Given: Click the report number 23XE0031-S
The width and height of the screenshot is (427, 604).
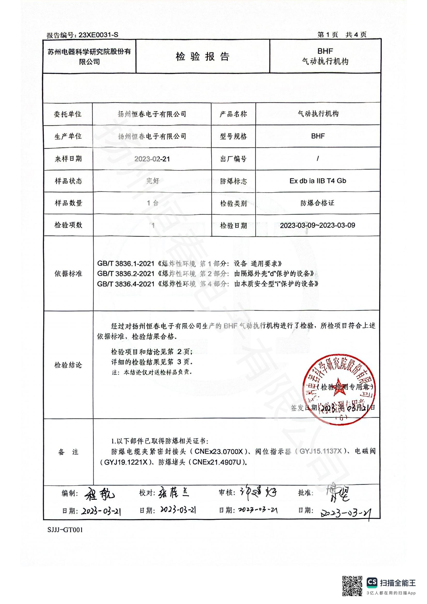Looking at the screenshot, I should [98, 35].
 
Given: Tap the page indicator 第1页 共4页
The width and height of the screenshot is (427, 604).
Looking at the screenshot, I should [342, 34].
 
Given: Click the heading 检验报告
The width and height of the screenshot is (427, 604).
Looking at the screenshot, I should [202, 57].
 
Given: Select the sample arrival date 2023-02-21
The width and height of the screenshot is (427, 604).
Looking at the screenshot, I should [152, 159].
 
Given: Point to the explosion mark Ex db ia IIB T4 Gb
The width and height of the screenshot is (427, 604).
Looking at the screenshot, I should [318, 181].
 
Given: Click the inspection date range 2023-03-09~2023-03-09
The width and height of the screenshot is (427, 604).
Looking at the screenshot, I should [317, 225].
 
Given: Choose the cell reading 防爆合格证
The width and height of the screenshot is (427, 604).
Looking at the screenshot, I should [317, 203].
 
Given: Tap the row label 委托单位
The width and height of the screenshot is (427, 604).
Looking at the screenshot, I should [68, 114].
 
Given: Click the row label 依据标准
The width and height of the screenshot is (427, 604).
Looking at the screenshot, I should [68, 273].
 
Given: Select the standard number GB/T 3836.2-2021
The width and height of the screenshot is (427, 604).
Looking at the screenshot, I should [126, 273].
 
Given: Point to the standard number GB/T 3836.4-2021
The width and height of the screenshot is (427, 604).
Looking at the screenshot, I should [126, 284].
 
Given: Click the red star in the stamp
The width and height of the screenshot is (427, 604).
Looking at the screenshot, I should [338, 387].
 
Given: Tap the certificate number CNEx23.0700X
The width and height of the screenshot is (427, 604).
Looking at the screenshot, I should [219, 451].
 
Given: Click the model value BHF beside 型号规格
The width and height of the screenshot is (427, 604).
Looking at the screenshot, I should [318, 136].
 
